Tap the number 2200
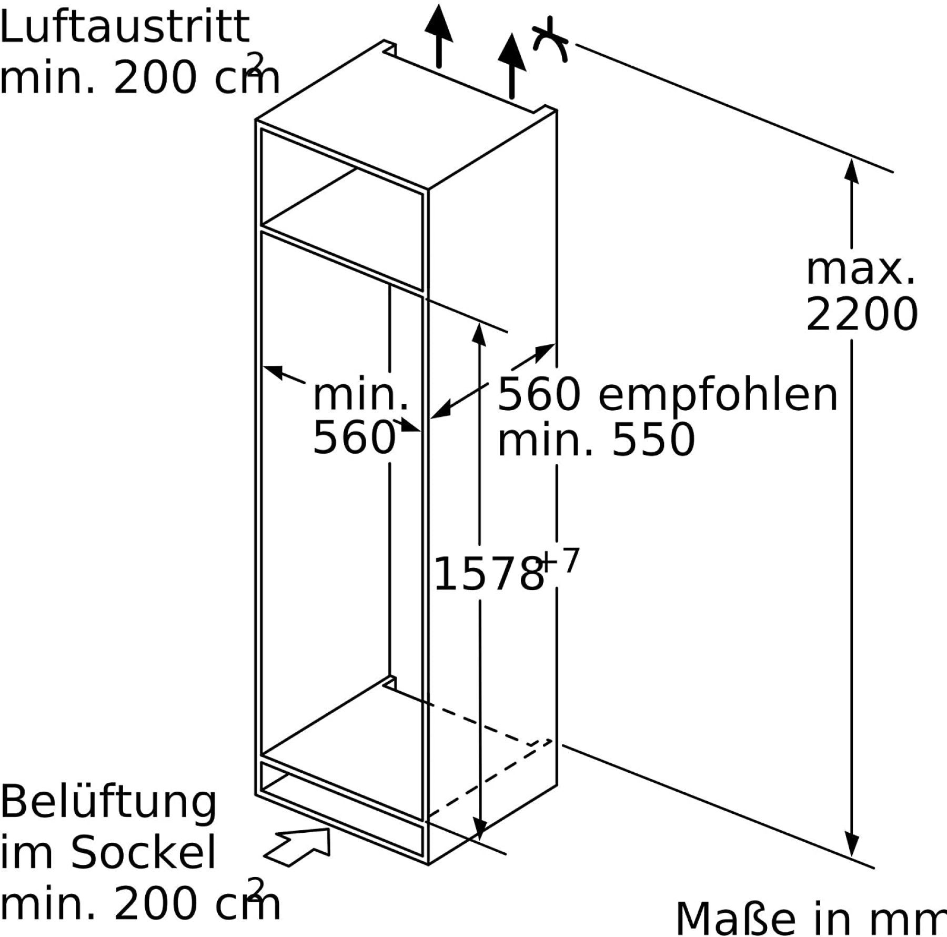pyautogui.click(x=862, y=314)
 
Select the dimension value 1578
pyautogui.click(x=488, y=573)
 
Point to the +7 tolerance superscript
pyautogui.click(x=560, y=561)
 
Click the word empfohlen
pyautogui.click(x=718, y=395)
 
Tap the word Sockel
pyautogui.click(x=144, y=852)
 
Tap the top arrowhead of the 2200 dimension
pyautogui.click(x=851, y=171)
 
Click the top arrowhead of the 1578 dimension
pyautogui.click(x=479, y=335)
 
